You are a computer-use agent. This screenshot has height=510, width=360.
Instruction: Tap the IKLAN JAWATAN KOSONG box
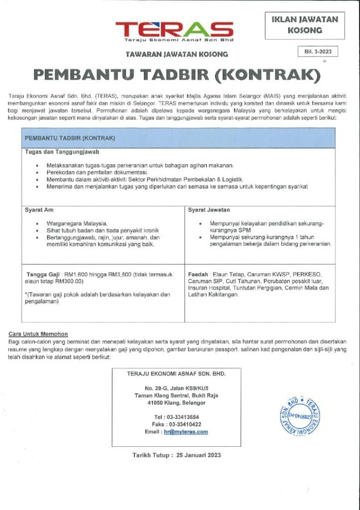305,25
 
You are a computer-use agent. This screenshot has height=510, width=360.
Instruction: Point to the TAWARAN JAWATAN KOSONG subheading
177,54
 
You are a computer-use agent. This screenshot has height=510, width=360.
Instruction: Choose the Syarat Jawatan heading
209,210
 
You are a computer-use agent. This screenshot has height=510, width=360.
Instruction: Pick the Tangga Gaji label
43,274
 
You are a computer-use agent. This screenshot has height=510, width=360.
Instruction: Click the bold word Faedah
198,274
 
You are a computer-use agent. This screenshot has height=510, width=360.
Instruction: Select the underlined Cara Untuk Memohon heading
38,334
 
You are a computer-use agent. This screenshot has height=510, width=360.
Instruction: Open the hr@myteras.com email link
186,432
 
